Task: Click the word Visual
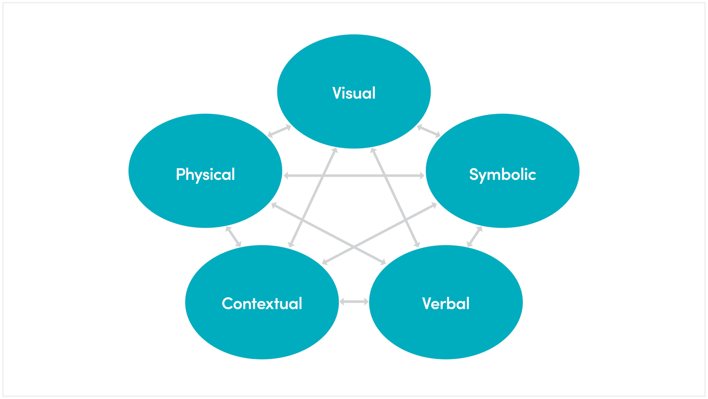(x=354, y=93)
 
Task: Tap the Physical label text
(x=205, y=174)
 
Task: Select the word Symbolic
(x=502, y=174)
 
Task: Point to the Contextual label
(x=261, y=303)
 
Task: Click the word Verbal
(x=446, y=303)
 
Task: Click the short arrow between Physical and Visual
(x=279, y=131)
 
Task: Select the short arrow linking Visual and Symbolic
(x=429, y=131)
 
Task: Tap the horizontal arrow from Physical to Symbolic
(x=354, y=176)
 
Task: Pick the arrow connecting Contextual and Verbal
(x=354, y=302)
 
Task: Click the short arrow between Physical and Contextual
(x=233, y=236)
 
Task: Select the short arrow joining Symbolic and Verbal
(x=474, y=236)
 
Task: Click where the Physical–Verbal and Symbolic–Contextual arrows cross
(x=354, y=247)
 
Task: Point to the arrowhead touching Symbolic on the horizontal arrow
(x=421, y=176)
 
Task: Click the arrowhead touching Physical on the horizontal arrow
(x=286, y=176)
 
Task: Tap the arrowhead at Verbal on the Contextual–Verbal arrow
(x=366, y=302)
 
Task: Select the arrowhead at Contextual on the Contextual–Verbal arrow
(x=342, y=302)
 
